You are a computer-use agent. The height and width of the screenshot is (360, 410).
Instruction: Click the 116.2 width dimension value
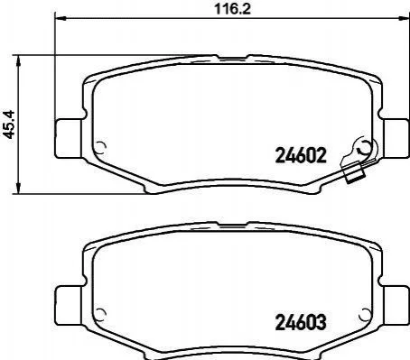(x=232, y=9)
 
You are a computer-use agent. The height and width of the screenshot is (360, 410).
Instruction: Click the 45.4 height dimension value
(x=9, y=125)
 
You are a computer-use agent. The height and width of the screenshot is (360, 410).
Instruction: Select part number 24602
(x=301, y=156)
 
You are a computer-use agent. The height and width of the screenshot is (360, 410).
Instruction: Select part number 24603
(x=301, y=322)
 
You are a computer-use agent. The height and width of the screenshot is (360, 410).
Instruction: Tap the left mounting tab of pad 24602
(x=69, y=138)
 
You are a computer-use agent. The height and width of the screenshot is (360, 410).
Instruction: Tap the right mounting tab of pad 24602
(x=396, y=138)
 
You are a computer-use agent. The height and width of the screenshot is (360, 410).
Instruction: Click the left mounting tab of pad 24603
(x=69, y=305)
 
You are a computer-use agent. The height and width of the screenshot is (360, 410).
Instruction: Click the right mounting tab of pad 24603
(x=396, y=305)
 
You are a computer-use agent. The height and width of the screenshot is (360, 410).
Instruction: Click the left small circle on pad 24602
(x=100, y=147)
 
